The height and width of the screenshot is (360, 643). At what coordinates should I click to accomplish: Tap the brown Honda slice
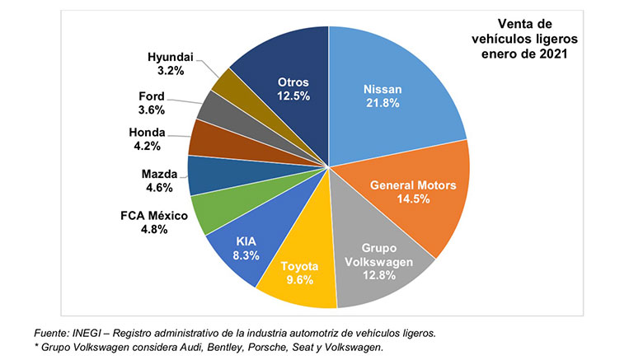(x=204, y=137)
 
